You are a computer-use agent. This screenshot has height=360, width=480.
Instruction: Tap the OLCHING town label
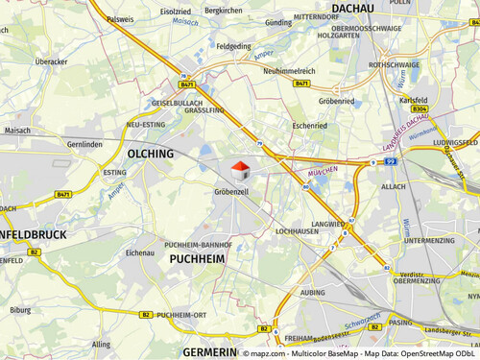point(151,154)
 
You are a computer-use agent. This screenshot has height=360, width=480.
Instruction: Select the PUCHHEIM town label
point(197,258)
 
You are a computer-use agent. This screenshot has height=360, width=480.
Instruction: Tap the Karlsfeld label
point(413,99)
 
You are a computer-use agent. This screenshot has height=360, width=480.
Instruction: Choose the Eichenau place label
point(141,252)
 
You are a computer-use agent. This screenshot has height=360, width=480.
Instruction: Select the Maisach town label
point(17,130)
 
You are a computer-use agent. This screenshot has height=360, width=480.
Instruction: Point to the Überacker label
point(51,61)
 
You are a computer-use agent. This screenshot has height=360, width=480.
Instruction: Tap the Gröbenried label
point(337,100)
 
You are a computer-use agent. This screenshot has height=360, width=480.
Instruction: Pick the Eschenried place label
point(310,124)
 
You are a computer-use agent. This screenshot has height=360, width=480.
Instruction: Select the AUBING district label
point(313,292)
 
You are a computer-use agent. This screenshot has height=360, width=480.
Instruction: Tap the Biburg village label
point(20,310)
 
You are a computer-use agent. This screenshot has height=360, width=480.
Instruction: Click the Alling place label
point(101,344)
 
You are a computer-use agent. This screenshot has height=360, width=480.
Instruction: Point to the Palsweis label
point(121,19)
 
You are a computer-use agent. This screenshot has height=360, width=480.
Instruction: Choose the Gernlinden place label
point(84,144)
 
